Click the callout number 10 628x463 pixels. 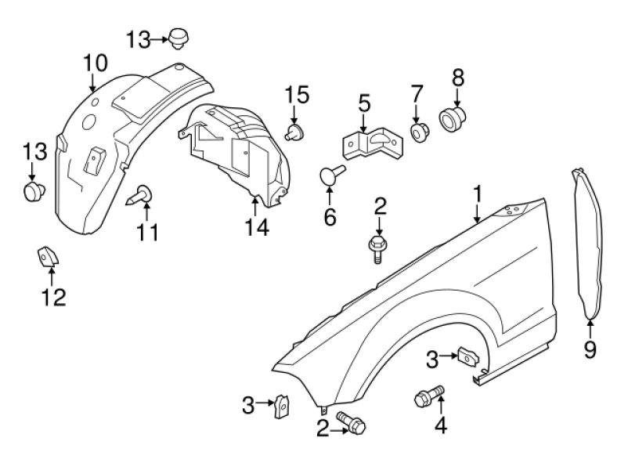(96, 63)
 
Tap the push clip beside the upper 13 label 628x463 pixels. (179, 38)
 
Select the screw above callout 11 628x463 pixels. (140, 195)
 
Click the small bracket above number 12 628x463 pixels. (48, 256)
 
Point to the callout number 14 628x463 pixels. (257, 227)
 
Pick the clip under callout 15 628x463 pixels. (294, 132)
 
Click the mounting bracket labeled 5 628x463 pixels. (373, 143)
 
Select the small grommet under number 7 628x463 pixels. (420, 132)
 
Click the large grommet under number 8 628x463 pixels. (453, 119)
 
